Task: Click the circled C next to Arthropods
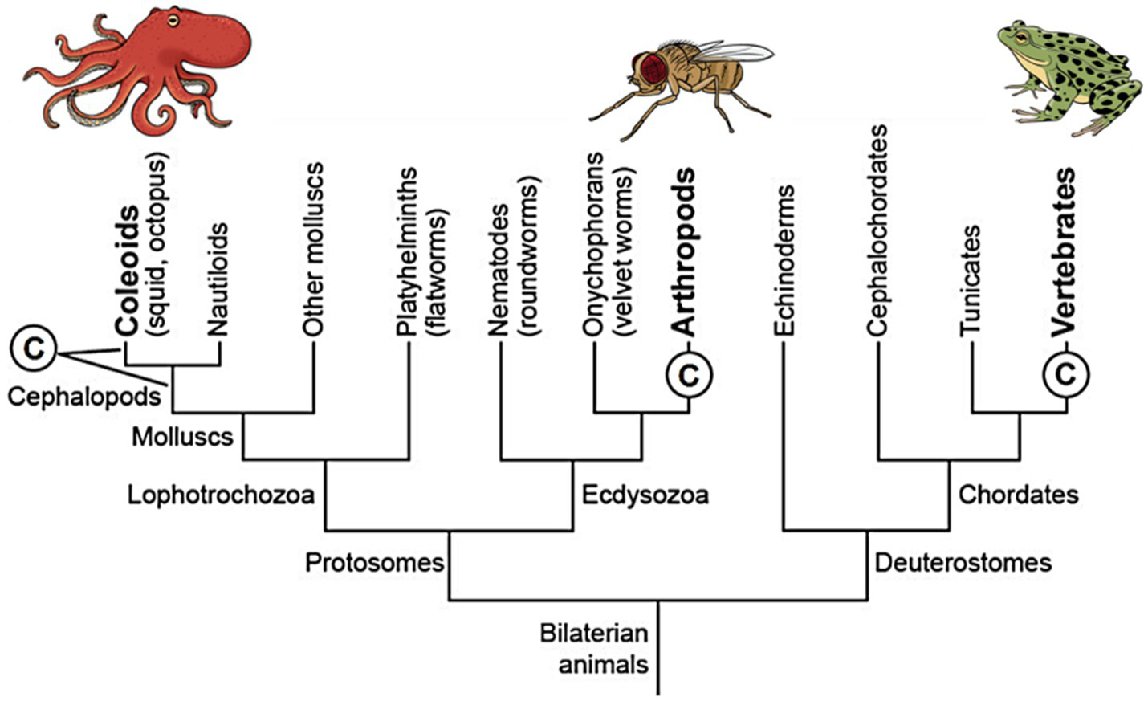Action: click(x=690, y=373)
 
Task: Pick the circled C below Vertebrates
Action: click(x=1066, y=373)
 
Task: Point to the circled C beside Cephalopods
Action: click(x=33, y=349)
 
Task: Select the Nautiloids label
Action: click(x=218, y=279)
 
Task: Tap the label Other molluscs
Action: click(x=313, y=249)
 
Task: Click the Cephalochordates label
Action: click(x=877, y=230)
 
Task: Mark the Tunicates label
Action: click(x=971, y=279)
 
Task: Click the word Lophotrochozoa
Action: click(x=221, y=495)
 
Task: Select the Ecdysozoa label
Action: click(x=645, y=495)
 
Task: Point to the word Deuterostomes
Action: click(x=963, y=562)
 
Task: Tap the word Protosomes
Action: click(x=374, y=562)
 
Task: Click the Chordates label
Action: click(x=1018, y=495)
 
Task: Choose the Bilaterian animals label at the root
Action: click(x=594, y=649)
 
